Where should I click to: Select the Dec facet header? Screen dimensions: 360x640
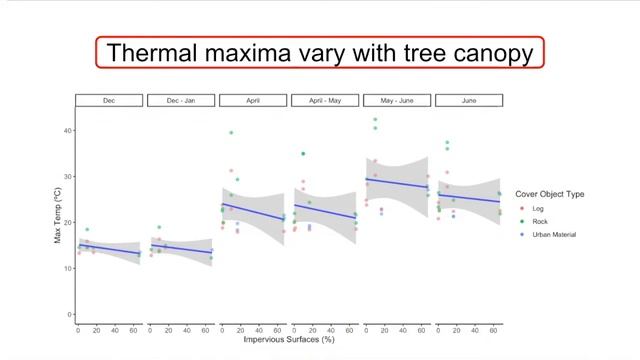(x=109, y=100)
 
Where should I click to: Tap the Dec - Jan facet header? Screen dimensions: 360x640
(x=181, y=100)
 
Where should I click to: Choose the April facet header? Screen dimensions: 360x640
(x=253, y=100)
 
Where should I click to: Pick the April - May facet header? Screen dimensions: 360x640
(x=325, y=100)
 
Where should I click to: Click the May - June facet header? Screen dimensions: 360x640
(x=397, y=100)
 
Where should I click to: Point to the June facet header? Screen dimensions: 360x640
(x=469, y=100)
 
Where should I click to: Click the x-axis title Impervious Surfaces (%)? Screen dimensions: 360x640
(x=289, y=340)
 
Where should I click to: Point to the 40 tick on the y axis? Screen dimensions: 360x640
(x=68, y=131)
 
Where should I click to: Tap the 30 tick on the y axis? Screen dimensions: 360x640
(x=68, y=177)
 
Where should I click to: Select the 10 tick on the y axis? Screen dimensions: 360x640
(x=68, y=269)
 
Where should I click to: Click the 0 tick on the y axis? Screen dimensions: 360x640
(x=70, y=315)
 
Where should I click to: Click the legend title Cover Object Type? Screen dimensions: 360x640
(x=550, y=194)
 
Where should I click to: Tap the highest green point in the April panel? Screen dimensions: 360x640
(x=231, y=132)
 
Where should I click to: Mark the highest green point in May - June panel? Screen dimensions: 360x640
(x=375, y=120)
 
